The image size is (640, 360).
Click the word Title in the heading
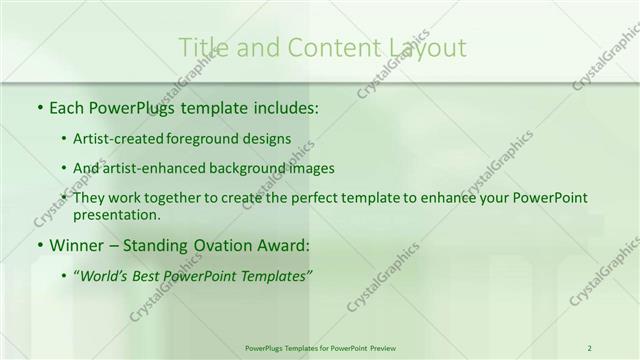pos(204,47)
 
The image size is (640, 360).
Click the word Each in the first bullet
pos(67,106)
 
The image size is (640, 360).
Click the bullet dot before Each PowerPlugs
pos(39,107)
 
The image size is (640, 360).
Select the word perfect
pos(318,198)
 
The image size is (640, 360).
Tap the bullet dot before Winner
pos(39,245)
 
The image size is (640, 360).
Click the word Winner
pos(75,244)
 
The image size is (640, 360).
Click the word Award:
pos(285,244)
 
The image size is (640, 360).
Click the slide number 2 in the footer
pos(589,348)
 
